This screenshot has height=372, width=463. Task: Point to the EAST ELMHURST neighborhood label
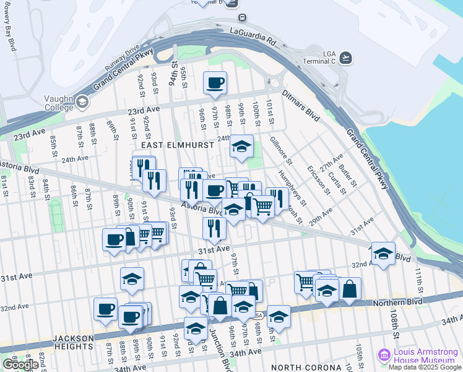tap(177, 144)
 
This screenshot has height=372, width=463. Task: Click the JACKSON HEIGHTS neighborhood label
tap(73, 339)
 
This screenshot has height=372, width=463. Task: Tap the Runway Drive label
tap(122, 56)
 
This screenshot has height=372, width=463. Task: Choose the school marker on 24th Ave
tap(241, 146)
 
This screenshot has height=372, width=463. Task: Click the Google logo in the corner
tap(20, 365)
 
